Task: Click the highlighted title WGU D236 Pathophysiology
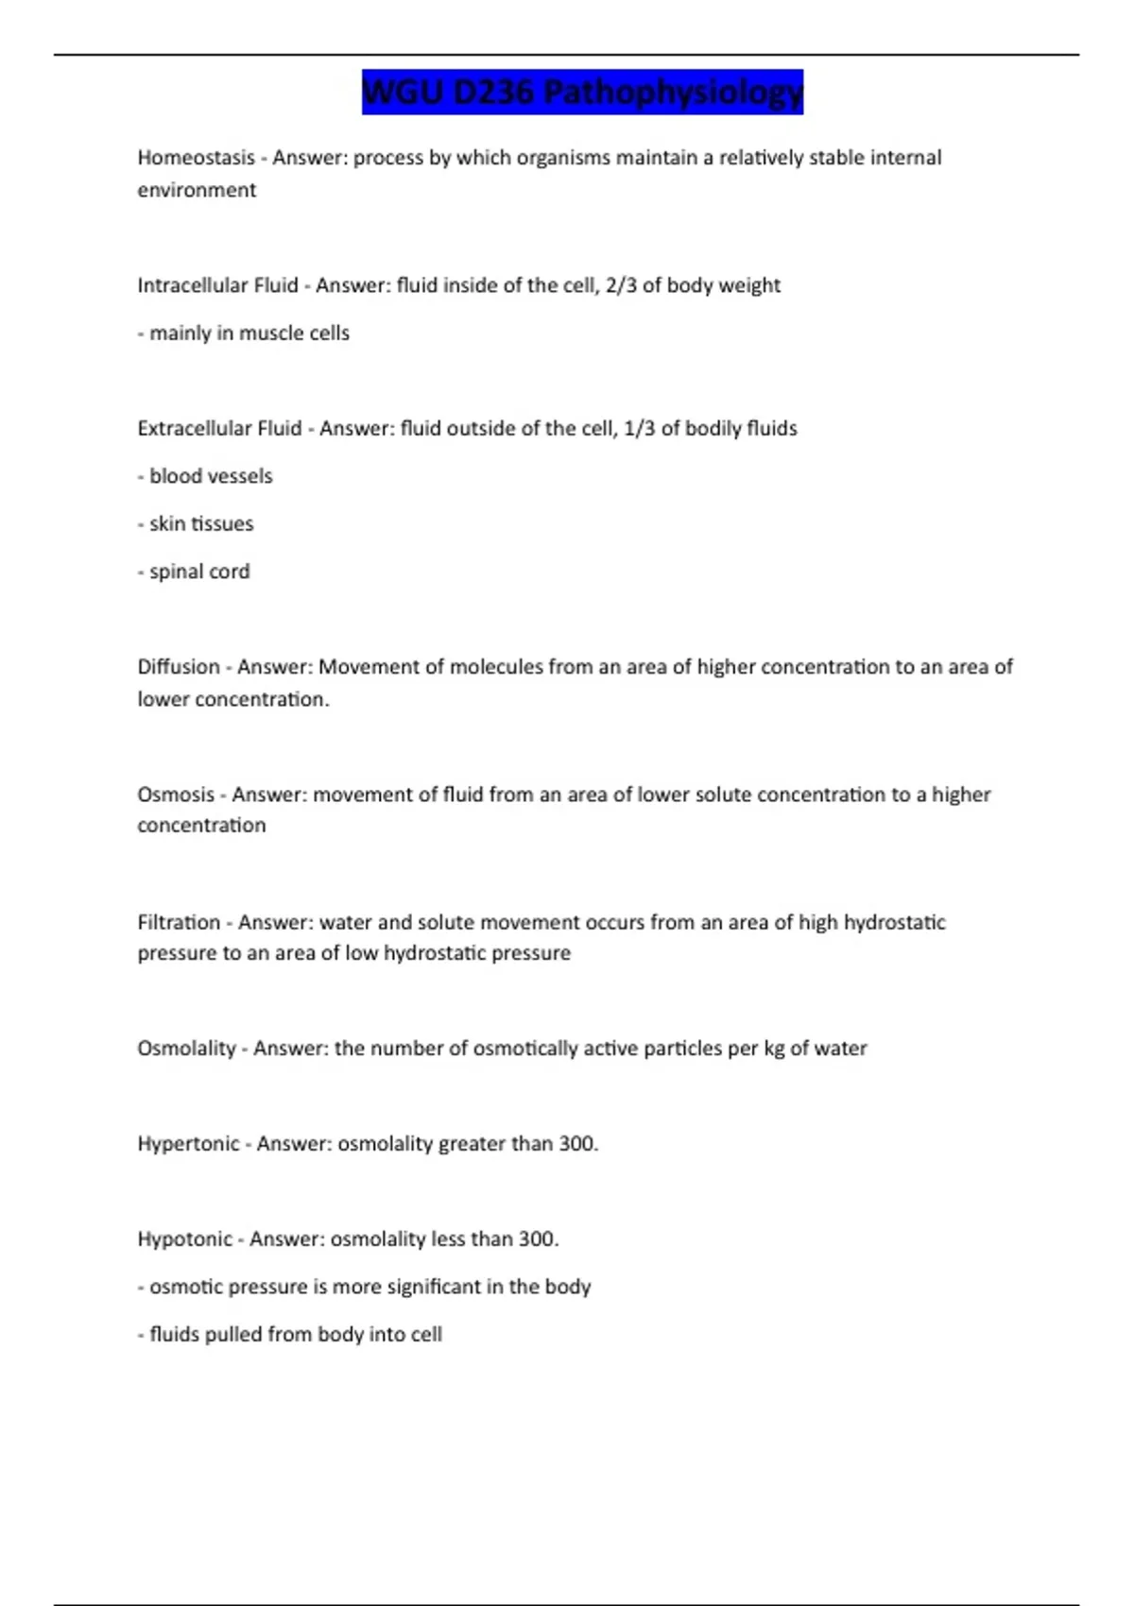click(582, 93)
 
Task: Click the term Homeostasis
click(196, 158)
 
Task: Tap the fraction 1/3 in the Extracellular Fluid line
click(640, 428)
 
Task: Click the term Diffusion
click(179, 667)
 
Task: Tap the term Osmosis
click(176, 794)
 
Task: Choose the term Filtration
click(179, 922)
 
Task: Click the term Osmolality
click(186, 1049)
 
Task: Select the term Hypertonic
click(188, 1144)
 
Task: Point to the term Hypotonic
click(184, 1239)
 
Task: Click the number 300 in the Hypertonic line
click(576, 1144)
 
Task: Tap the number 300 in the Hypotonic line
click(537, 1239)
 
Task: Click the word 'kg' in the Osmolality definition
click(774, 1049)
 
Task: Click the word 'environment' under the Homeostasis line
click(197, 190)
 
